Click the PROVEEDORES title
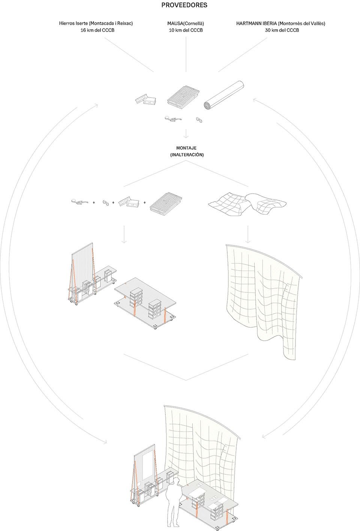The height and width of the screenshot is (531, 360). (x=184, y=5)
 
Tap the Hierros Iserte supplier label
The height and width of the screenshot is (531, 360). (x=96, y=24)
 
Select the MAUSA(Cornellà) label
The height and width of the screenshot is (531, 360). (x=186, y=24)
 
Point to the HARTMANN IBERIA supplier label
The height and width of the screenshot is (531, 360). (x=280, y=24)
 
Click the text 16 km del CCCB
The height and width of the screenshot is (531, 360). (x=97, y=30)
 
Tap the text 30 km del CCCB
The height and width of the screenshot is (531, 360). (x=282, y=30)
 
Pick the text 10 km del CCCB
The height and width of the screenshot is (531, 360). (x=186, y=30)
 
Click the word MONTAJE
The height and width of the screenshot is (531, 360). (x=186, y=148)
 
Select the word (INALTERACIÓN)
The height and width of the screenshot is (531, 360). (x=187, y=155)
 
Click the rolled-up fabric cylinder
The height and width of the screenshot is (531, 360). (x=223, y=95)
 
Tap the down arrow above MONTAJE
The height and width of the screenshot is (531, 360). (x=186, y=134)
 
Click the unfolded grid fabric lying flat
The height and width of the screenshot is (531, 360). (x=247, y=204)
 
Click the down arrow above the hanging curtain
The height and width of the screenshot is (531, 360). (x=248, y=234)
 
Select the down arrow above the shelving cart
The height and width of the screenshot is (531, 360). (x=124, y=234)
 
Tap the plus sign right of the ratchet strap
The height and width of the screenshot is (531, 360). (x=94, y=203)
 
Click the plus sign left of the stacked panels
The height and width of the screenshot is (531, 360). (x=145, y=203)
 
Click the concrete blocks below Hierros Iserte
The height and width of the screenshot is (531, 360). (x=145, y=100)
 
